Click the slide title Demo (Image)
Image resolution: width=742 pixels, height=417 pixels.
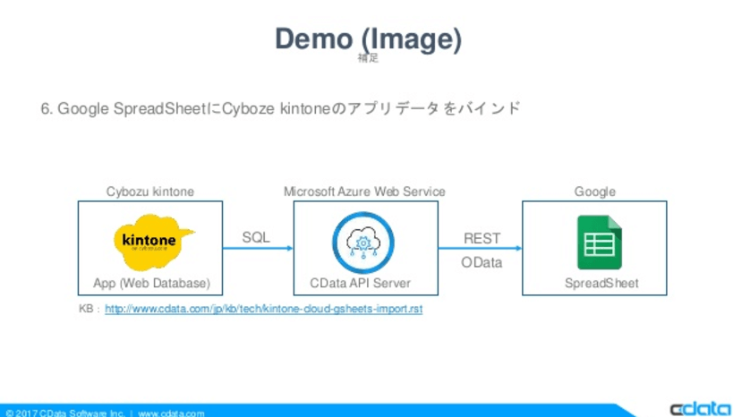368,39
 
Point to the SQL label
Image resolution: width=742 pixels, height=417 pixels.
256,238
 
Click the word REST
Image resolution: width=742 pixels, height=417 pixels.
482,239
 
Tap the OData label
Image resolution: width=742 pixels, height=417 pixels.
482,263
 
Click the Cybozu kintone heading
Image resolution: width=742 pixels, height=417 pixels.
150,191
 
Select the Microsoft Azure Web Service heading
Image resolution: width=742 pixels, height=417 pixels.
364,191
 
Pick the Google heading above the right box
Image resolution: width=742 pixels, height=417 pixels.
594,191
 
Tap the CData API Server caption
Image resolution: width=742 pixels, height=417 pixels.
361,284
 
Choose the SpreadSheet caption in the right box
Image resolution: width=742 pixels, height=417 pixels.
601,284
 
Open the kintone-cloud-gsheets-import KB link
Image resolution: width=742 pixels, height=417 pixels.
264,309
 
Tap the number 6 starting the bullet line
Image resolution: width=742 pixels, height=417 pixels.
45,108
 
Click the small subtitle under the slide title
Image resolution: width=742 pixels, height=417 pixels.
367,58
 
